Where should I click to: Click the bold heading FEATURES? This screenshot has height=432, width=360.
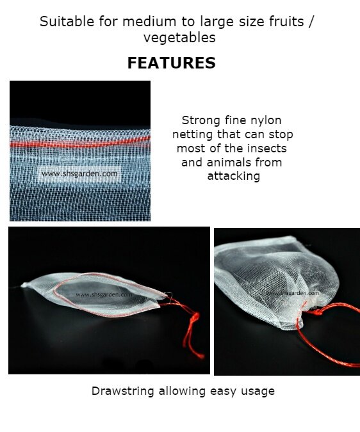(x=172, y=63)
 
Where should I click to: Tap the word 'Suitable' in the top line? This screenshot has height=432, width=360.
(x=67, y=22)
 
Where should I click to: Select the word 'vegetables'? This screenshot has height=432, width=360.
(x=179, y=38)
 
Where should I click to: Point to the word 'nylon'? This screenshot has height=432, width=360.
(x=266, y=121)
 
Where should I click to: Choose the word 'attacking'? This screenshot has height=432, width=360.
(x=233, y=177)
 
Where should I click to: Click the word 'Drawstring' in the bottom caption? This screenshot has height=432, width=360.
(x=122, y=391)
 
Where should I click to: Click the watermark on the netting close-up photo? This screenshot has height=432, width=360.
(x=79, y=174)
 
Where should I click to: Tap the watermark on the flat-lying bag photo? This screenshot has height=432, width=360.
(x=104, y=294)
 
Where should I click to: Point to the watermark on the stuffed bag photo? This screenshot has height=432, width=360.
(x=292, y=293)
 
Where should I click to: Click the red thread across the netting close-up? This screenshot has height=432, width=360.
(x=80, y=143)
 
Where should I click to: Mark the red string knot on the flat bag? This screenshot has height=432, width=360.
(x=195, y=317)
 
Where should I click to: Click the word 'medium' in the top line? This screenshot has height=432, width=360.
(x=149, y=22)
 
